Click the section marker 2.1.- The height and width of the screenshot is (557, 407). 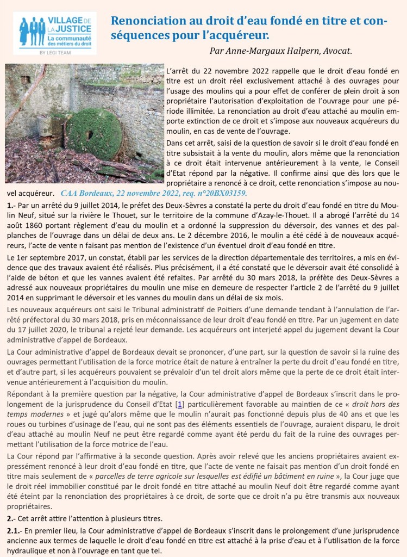point(14,530)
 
